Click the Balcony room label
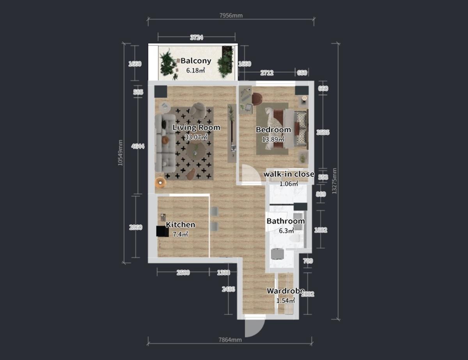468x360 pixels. tap(196, 61)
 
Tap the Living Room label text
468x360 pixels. tap(196, 128)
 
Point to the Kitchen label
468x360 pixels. tap(181, 225)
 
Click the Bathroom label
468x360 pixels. tap(285, 221)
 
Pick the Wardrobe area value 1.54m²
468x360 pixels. tap(285, 301)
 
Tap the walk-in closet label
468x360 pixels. tap(289, 174)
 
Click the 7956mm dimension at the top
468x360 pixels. tap(231, 16)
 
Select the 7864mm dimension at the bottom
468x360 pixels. tap(230, 340)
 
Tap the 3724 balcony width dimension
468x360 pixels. tap(196, 37)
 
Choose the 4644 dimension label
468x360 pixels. tap(135, 146)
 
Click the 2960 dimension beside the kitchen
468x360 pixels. tap(135, 227)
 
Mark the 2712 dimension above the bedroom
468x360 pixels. tap(266, 73)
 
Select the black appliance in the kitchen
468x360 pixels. tap(162, 232)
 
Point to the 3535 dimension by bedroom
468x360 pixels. tap(323, 133)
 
